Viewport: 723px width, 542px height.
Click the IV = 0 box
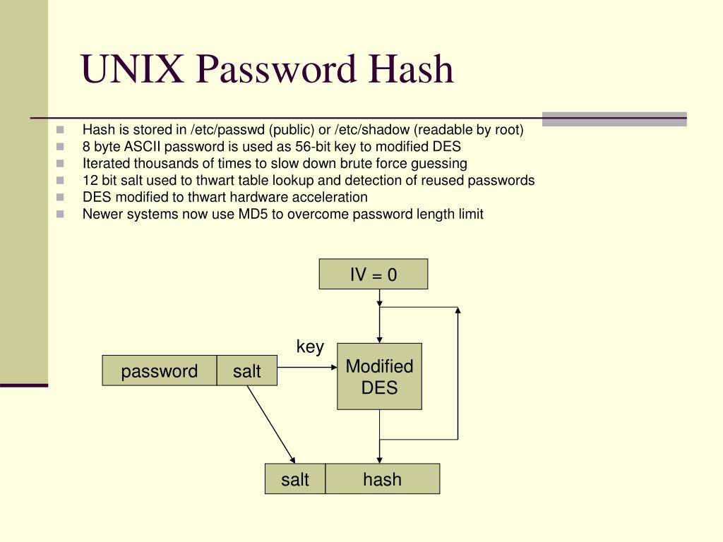click(374, 274)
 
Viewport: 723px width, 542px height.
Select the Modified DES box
click(379, 376)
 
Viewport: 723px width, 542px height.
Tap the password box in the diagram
click(160, 371)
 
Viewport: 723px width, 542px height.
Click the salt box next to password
click(247, 371)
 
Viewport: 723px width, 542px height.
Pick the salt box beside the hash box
click(295, 479)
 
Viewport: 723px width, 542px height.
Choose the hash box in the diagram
click(382, 479)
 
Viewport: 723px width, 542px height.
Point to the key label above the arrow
click(310, 347)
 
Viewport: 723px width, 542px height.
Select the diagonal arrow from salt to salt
click(270, 423)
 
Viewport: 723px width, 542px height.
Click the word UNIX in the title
click(133, 69)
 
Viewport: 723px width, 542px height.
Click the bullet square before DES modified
click(60, 198)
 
